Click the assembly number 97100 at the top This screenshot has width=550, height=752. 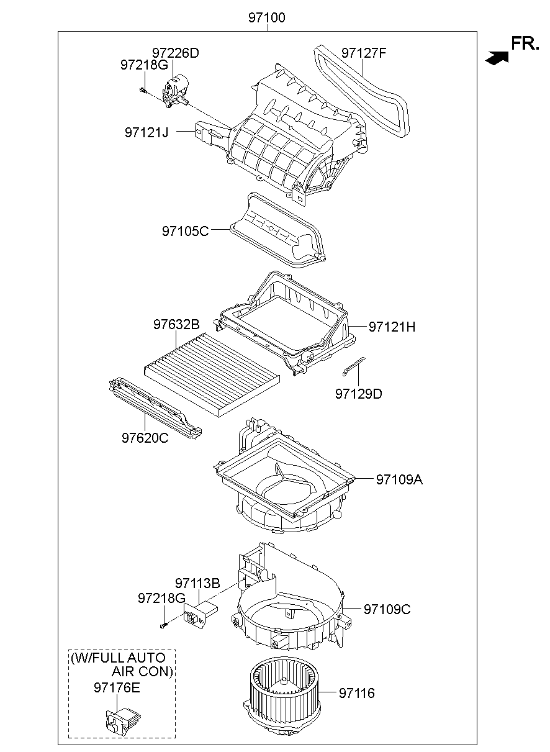[267, 18]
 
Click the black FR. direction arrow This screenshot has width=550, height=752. [498, 57]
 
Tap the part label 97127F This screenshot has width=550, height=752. [364, 53]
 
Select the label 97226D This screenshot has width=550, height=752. [176, 53]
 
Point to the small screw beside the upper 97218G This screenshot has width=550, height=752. [143, 91]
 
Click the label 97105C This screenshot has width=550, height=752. [186, 231]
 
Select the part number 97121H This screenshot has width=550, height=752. [392, 327]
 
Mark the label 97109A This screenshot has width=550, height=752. [399, 479]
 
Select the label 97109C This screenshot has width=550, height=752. [387, 609]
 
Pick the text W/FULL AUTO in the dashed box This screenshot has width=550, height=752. [118, 658]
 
